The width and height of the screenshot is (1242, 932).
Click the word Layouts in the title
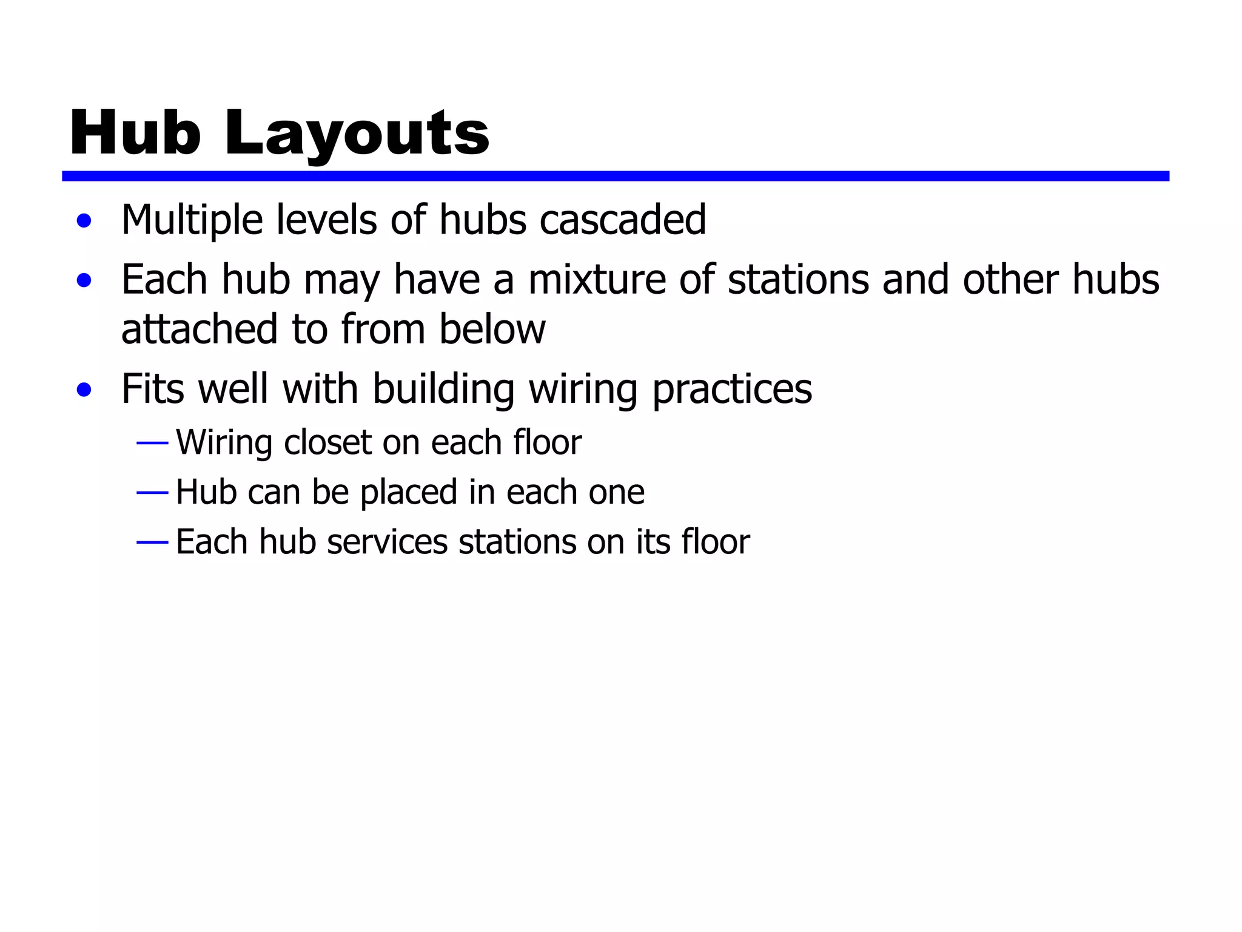(357, 134)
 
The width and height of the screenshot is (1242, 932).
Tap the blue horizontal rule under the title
(615, 176)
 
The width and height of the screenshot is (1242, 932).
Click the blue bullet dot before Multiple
(84, 221)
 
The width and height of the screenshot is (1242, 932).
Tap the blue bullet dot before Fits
(84, 390)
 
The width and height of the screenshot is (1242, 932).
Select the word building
(443, 389)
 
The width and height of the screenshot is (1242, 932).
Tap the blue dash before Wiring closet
(152, 444)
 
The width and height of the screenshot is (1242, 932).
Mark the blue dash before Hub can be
(152, 493)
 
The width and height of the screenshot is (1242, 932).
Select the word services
(387, 541)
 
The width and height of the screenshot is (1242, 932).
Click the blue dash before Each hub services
(152, 542)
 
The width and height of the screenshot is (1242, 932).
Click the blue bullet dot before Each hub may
(84, 281)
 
